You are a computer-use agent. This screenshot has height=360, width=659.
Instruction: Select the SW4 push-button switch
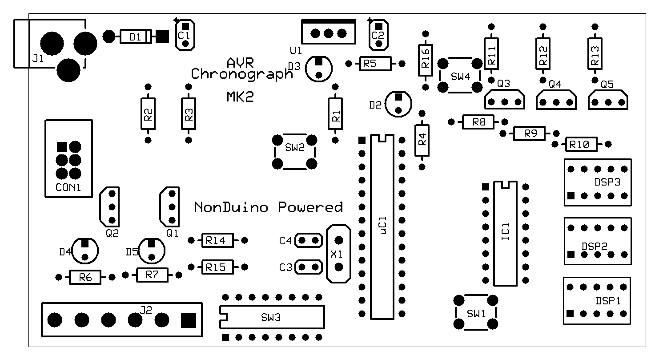coord(460,75)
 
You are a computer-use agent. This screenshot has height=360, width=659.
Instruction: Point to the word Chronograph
coord(242,73)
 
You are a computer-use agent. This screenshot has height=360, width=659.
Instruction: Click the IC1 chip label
coord(506,232)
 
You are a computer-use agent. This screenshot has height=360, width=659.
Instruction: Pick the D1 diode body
coord(136,36)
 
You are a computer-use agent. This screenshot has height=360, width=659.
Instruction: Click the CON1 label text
coord(68,187)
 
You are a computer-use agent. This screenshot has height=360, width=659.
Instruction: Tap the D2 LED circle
coord(398,103)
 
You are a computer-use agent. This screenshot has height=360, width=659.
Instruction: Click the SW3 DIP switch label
coord(271,317)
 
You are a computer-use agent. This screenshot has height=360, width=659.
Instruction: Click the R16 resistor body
coord(426,60)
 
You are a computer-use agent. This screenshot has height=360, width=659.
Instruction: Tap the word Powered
coord(310,207)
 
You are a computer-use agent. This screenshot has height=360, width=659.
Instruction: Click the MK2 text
coord(240,97)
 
